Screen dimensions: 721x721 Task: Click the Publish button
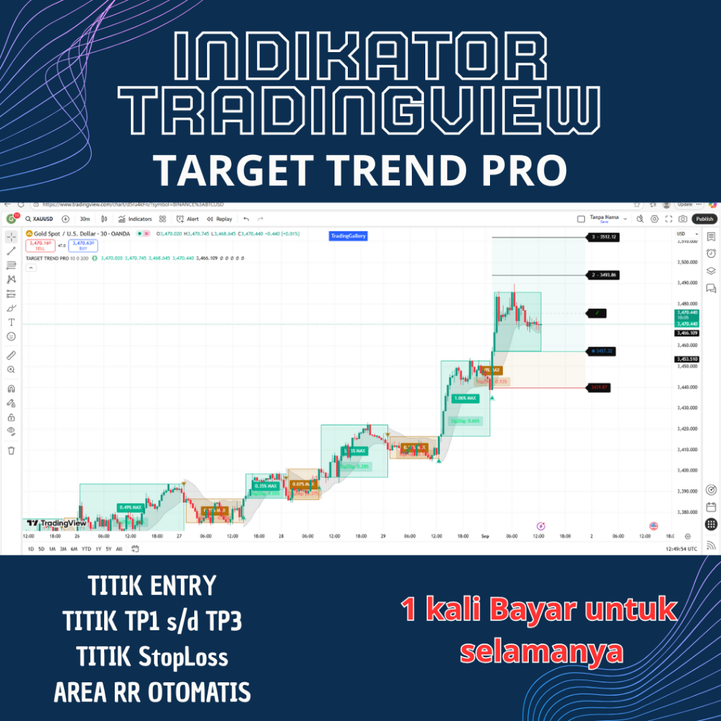click(x=704, y=219)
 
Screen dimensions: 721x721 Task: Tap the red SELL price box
click(x=39, y=246)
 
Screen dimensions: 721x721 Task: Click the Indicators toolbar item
click(x=135, y=219)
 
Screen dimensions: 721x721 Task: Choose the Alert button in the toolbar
click(x=188, y=219)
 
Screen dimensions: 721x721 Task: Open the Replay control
click(x=220, y=219)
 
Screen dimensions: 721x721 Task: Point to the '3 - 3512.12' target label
click(x=603, y=237)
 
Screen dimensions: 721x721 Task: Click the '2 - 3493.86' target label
click(x=603, y=275)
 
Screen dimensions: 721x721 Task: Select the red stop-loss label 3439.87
click(x=600, y=387)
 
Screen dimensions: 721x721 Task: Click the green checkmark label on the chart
click(x=597, y=312)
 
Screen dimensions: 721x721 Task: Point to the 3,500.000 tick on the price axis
click(x=686, y=262)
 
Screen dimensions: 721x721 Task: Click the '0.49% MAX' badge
click(x=131, y=507)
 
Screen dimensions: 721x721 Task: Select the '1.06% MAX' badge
click(x=465, y=398)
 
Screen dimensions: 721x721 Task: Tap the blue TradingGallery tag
click(x=348, y=237)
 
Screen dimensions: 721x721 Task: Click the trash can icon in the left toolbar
click(x=11, y=451)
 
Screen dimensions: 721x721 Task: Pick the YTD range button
click(x=86, y=548)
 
